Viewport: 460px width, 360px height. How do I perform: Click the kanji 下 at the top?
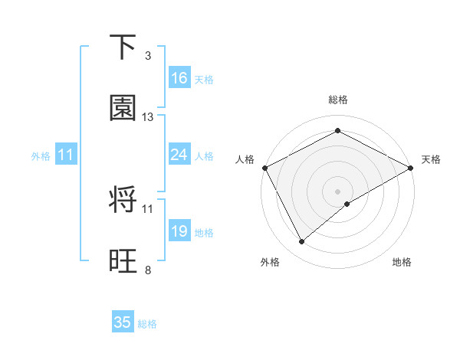click(123, 47)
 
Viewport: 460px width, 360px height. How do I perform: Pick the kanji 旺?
click(123, 260)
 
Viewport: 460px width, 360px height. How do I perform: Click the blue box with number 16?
click(179, 78)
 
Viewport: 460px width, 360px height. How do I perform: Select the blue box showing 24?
click(179, 155)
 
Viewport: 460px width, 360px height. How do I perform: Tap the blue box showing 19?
click(179, 231)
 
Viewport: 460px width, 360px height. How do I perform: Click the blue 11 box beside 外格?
click(66, 155)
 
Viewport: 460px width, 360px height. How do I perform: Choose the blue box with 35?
click(123, 322)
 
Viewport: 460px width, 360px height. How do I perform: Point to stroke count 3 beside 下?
click(148, 56)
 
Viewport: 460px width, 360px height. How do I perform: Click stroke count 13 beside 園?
click(148, 117)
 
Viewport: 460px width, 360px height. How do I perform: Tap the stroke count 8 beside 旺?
click(148, 270)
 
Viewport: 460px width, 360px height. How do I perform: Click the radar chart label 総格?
click(338, 100)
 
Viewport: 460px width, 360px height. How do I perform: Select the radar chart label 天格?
click(431, 159)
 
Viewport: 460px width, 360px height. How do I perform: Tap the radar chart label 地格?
click(402, 262)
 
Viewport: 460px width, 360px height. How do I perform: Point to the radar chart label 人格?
click(245, 159)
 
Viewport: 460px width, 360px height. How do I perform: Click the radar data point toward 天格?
click(412, 168)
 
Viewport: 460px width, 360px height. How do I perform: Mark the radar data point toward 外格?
click(302, 242)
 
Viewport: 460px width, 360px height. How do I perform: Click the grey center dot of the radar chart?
click(338, 191)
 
